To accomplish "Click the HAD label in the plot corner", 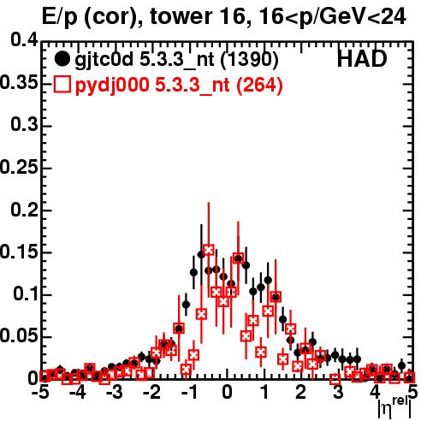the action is (x=362, y=59).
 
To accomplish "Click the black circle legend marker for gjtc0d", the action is (x=62, y=59).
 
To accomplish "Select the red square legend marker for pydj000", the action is (x=62, y=85).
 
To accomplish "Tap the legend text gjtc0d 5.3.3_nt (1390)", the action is (x=176, y=60).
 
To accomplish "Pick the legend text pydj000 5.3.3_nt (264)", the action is (x=179, y=86).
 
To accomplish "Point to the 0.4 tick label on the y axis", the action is (x=24, y=39).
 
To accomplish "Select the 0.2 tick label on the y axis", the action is (x=24, y=210).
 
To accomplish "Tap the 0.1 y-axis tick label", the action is (x=26, y=294).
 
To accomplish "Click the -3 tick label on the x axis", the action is (x=115, y=392).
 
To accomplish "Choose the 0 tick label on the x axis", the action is (x=227, y=392).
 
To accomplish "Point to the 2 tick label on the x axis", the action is (x=301, y=392).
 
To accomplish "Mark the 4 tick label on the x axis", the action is (x=375, y=392).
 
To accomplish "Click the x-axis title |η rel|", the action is (x=394, y=407).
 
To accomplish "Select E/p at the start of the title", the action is (x=60, y=17).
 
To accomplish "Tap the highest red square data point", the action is (x=209, y=250).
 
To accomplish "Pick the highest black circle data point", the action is (x=202, y=255).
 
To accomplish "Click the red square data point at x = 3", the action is (x=335, y=379).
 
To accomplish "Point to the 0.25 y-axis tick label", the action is (x=19, y=167).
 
